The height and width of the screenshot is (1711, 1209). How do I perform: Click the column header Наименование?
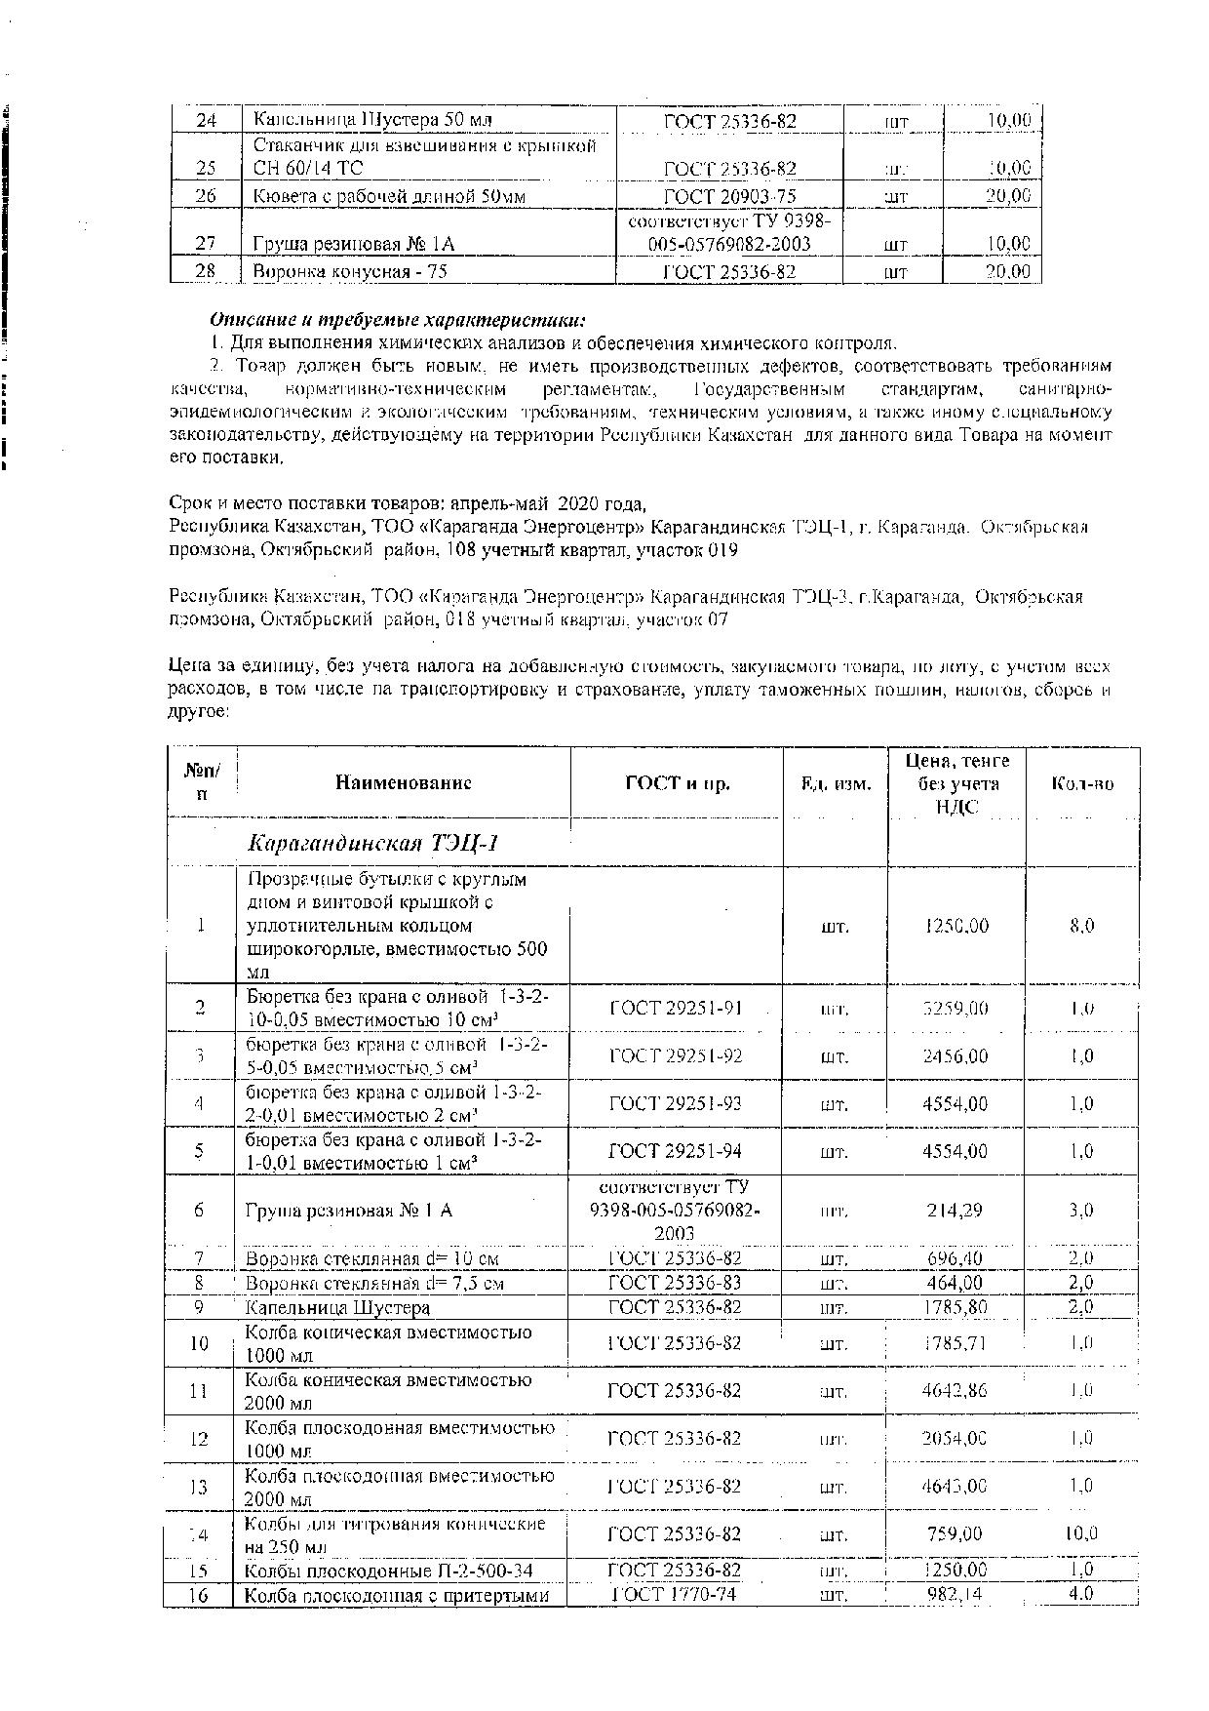pos(404,782)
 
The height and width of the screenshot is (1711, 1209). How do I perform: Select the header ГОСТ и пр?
pos(677,782)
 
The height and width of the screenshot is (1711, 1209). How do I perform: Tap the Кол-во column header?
pos(1082,782)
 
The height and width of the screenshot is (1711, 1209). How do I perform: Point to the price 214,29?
pos(955,1211)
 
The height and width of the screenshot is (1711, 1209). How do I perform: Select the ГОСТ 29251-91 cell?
pos(676,1008)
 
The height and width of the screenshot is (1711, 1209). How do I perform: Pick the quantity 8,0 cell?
pos(1082,926)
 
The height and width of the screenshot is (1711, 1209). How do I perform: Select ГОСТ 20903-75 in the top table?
pos(729,196)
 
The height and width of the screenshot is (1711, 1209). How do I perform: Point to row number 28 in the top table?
pos(206,271)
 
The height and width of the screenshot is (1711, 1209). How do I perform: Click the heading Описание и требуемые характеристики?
pos(398,320)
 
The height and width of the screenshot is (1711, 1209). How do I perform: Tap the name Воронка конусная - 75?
pos(349,271)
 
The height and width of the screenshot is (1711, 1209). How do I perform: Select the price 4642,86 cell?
pos(955,1391)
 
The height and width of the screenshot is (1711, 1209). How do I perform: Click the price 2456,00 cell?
pos(955,1056)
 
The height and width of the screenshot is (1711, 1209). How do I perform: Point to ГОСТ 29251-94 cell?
pos(676,1151)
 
